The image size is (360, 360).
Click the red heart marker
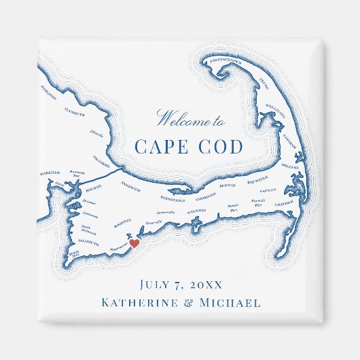[134, 242]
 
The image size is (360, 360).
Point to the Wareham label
[50, 173]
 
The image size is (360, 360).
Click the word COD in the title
[219, 147]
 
